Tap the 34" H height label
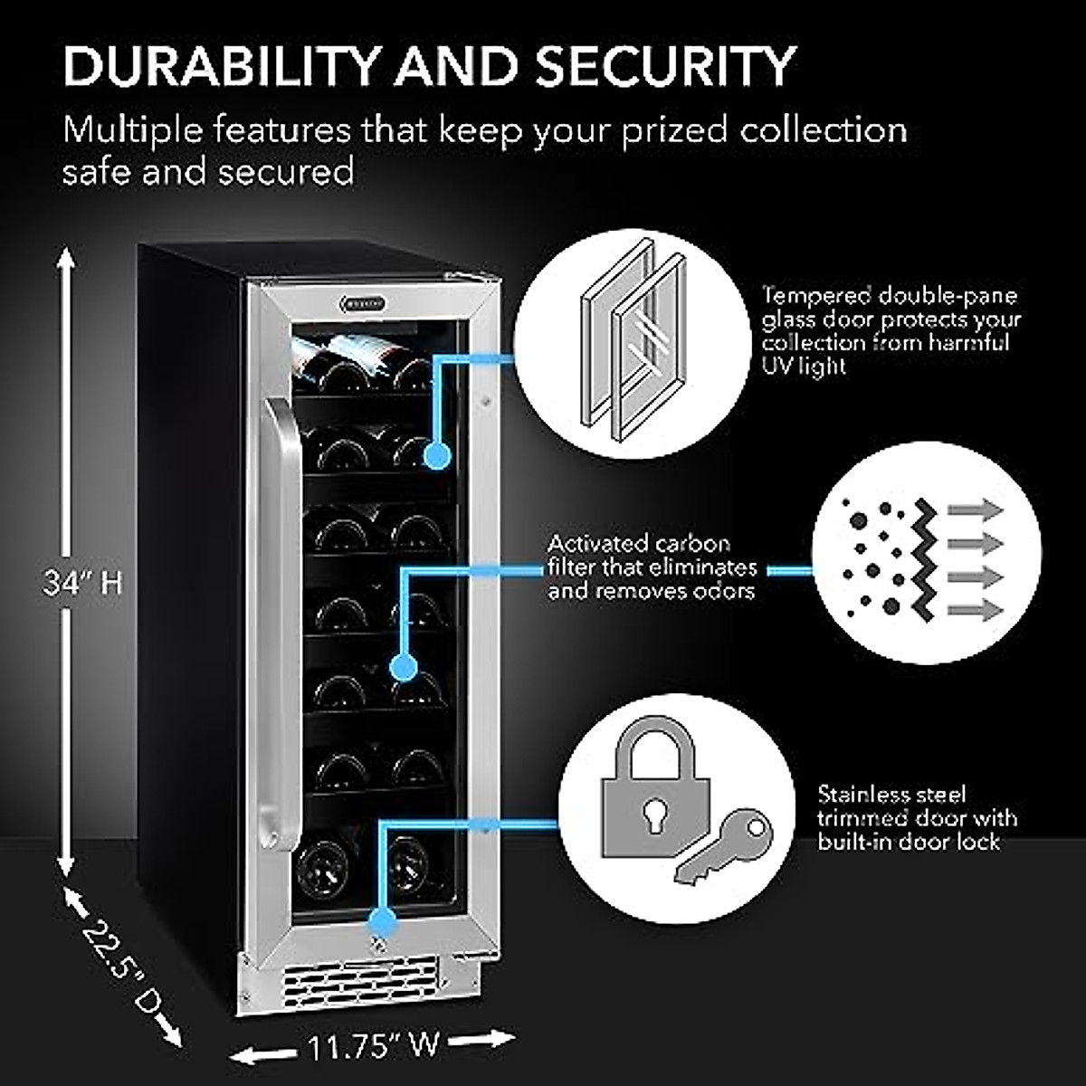coord(82,583)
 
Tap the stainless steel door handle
coord(281,624)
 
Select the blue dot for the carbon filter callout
coord(404,669)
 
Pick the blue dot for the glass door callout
coord(439,455)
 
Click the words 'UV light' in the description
coord(804,367)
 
